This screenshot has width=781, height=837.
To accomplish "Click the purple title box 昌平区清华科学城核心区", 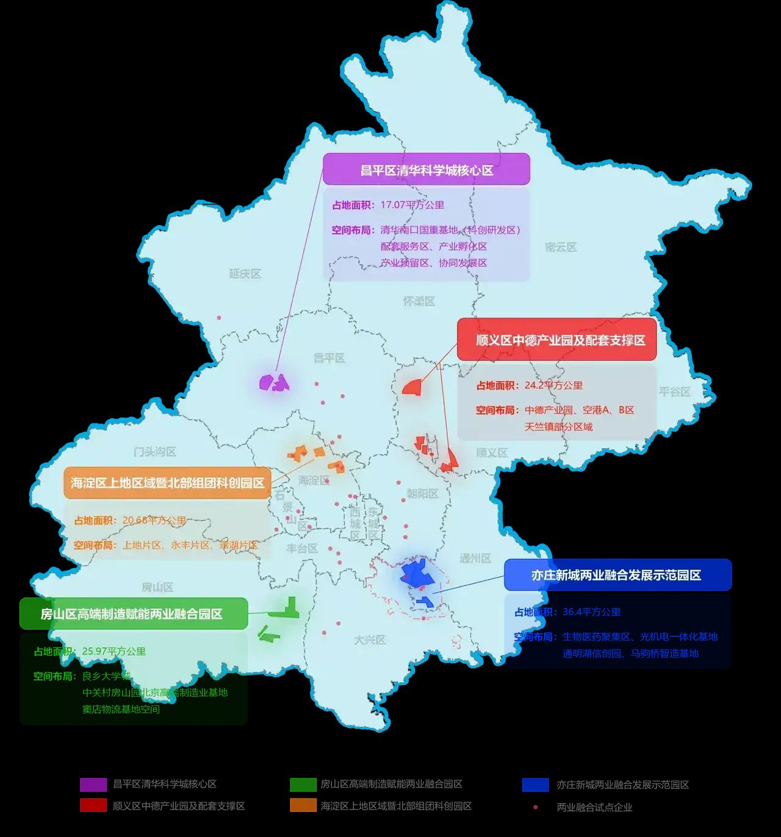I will tap(426, 169).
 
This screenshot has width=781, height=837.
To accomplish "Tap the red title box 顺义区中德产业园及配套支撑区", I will tap(556, 340).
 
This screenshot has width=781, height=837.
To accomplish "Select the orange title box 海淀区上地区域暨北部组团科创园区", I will tap(167, 483).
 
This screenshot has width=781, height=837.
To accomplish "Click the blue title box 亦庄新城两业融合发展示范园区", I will tap(617, 575).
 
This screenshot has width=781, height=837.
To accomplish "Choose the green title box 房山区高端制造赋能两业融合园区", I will tap(134, 614).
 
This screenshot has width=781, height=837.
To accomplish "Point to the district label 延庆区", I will tap(245, 274).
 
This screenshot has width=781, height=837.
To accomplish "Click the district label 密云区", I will tap(561, 247).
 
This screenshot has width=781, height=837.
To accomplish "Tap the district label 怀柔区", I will tap(419, 301).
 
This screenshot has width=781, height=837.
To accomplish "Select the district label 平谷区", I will tap(674, 391).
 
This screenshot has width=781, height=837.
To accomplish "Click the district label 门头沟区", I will tap(155, 452).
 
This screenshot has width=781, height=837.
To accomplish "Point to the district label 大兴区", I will tap(370, 639).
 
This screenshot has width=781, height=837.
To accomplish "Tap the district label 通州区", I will tap(475, 558).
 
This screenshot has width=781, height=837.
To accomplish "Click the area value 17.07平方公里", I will tap(412, 205).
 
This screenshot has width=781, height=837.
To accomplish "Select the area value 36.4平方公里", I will tap(591, 612).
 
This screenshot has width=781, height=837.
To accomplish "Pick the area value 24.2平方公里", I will tap(553, 385).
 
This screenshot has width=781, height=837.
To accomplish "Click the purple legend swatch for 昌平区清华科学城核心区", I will tap(93, 785).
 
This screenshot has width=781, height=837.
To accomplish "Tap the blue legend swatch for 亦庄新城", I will tap(535, 785).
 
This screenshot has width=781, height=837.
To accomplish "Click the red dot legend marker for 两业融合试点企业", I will tap(535, 807).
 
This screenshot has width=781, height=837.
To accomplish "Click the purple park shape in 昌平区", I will tap(274, 383).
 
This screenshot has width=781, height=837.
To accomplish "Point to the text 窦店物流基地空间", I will tap(121, 709).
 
